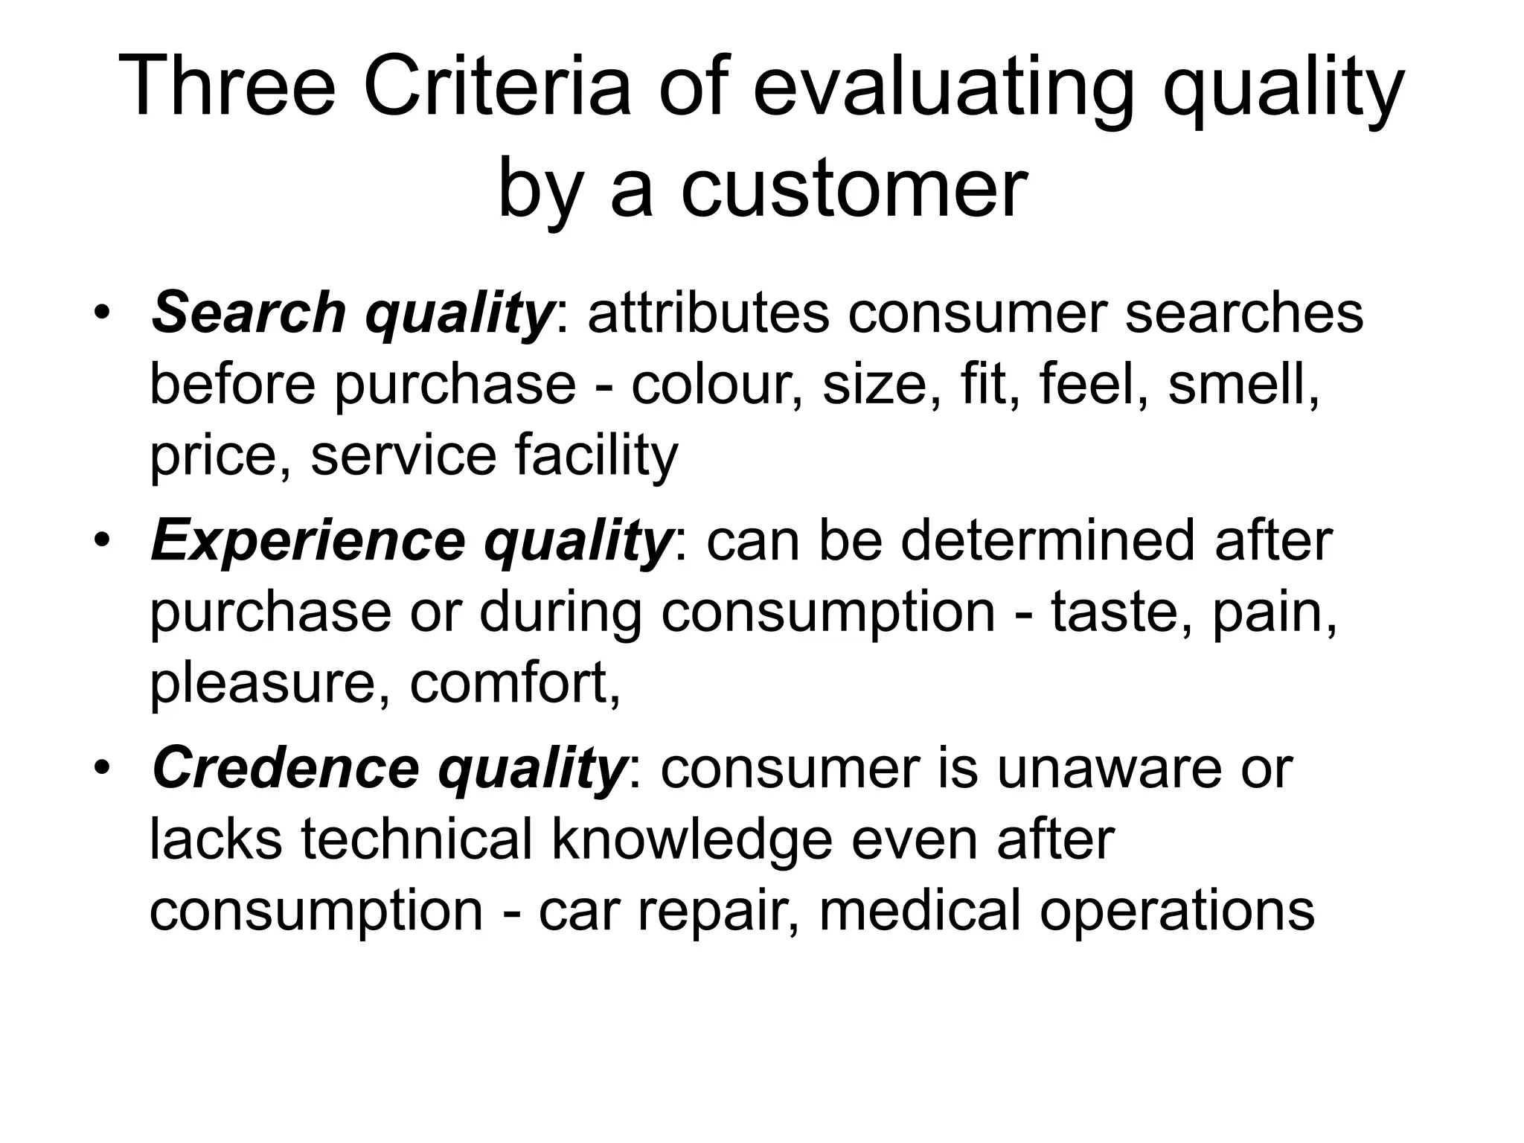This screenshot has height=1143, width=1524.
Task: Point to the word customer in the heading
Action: click(x=855, y=189)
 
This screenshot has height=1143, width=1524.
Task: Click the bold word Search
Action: click(x=249, y=313)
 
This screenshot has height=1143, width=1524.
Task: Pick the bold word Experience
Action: click(x=308, y=541)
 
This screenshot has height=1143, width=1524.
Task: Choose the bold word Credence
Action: click(x=286, y=769)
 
